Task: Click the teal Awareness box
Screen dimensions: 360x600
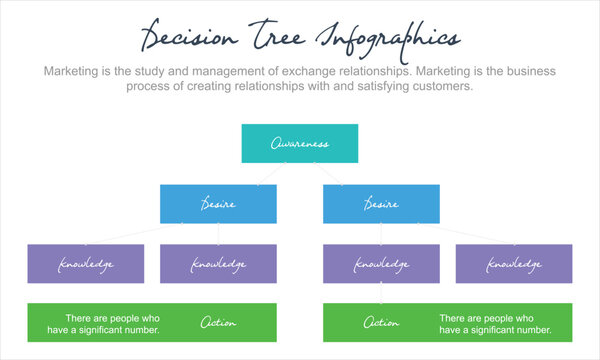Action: tap(299, 144)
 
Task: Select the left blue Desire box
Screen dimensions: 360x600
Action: tap(218, 204)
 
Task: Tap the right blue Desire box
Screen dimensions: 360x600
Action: tap(381, 204)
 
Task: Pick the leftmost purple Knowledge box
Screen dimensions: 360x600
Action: tap(85, 264)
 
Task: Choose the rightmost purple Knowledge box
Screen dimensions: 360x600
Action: tap(514, 264)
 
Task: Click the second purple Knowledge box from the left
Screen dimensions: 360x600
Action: tap(218, 264)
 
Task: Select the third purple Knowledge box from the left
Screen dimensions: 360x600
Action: tap(381, 264)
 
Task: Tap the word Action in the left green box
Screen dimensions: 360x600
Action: tap(218, 323)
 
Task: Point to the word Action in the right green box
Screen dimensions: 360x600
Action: tap(381, 323)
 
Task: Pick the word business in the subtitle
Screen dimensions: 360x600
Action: tap(530, 72)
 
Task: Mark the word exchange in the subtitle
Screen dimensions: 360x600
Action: tap(319, 72)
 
